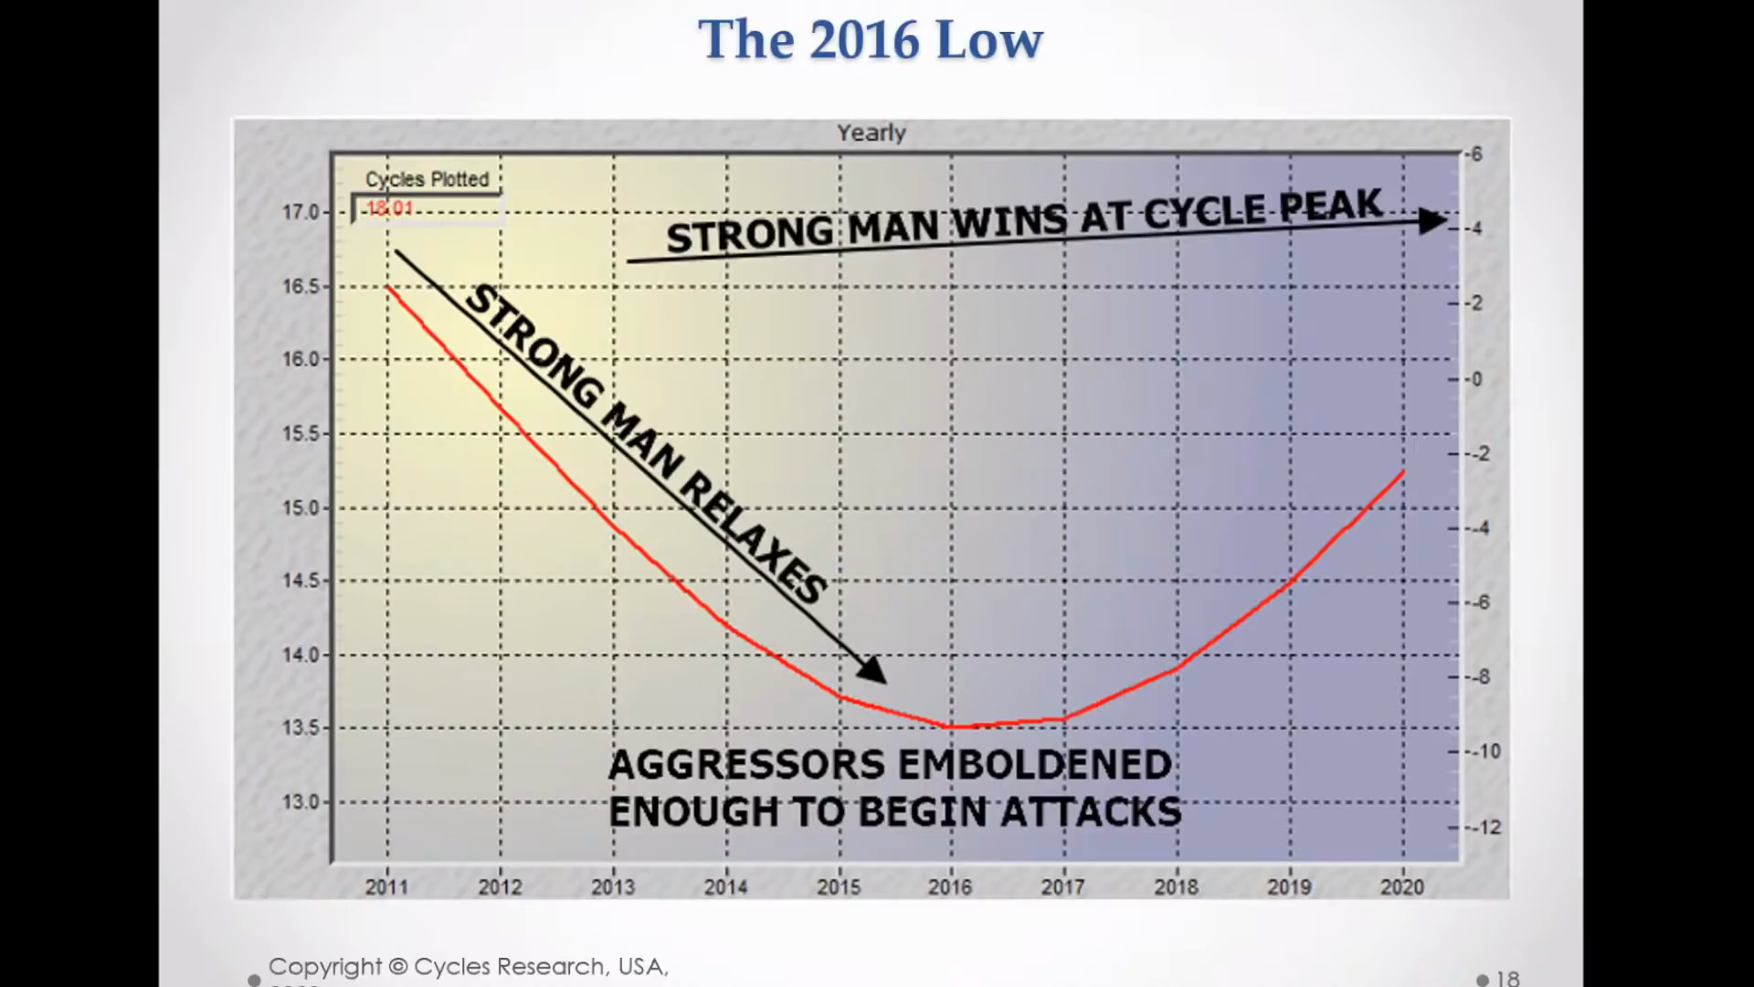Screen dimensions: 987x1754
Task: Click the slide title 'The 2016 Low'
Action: [x=870, y=40]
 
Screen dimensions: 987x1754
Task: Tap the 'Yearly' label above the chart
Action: [x=872, y=133]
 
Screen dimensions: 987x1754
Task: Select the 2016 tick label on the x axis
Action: [x=950, y=886]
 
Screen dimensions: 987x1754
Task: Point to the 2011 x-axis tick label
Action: [x=387, y=886]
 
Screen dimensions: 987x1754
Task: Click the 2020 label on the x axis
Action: [x=1401, y=886]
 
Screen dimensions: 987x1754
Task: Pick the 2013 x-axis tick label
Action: [x=613, y=886]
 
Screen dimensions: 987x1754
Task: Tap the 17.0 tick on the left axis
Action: [x=301, y=212]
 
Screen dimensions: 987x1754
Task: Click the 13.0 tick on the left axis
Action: [x=301, y=802]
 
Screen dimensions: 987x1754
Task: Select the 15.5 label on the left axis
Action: [x=301, y=433]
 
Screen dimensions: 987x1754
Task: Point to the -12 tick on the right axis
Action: [x=1485, y=827]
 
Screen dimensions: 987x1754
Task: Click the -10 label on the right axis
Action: [x=1485, y=751]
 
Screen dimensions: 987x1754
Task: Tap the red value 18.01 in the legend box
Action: [x=390, y=208]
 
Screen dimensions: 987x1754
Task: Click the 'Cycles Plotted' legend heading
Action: [x=427, y=179]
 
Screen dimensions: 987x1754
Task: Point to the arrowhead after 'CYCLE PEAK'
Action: [x=1432, y=220]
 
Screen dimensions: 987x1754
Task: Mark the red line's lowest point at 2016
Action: [x=952, y=727]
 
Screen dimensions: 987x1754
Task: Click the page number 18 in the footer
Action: [x=1508, y=978]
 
